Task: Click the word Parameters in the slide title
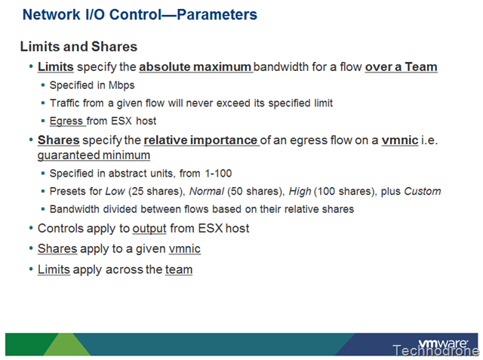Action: point(217,14)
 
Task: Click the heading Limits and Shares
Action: point(78,47)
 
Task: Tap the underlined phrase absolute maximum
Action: point(195,67)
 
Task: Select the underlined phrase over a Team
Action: point(401,67)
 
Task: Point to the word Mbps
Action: point(122,85)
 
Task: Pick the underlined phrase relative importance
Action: point(201,140)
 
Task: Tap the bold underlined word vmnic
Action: point(400,140)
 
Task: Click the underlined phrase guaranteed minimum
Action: point(94,155)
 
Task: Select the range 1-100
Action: point(218,174)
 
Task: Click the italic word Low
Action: point(115,191)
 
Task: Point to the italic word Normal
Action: point(207,191)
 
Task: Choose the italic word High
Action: point(300,191)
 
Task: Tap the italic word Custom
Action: point(423,191)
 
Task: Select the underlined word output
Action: point(149,229)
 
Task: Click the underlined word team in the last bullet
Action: point(179,269)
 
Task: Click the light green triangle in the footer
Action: point(67,345)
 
